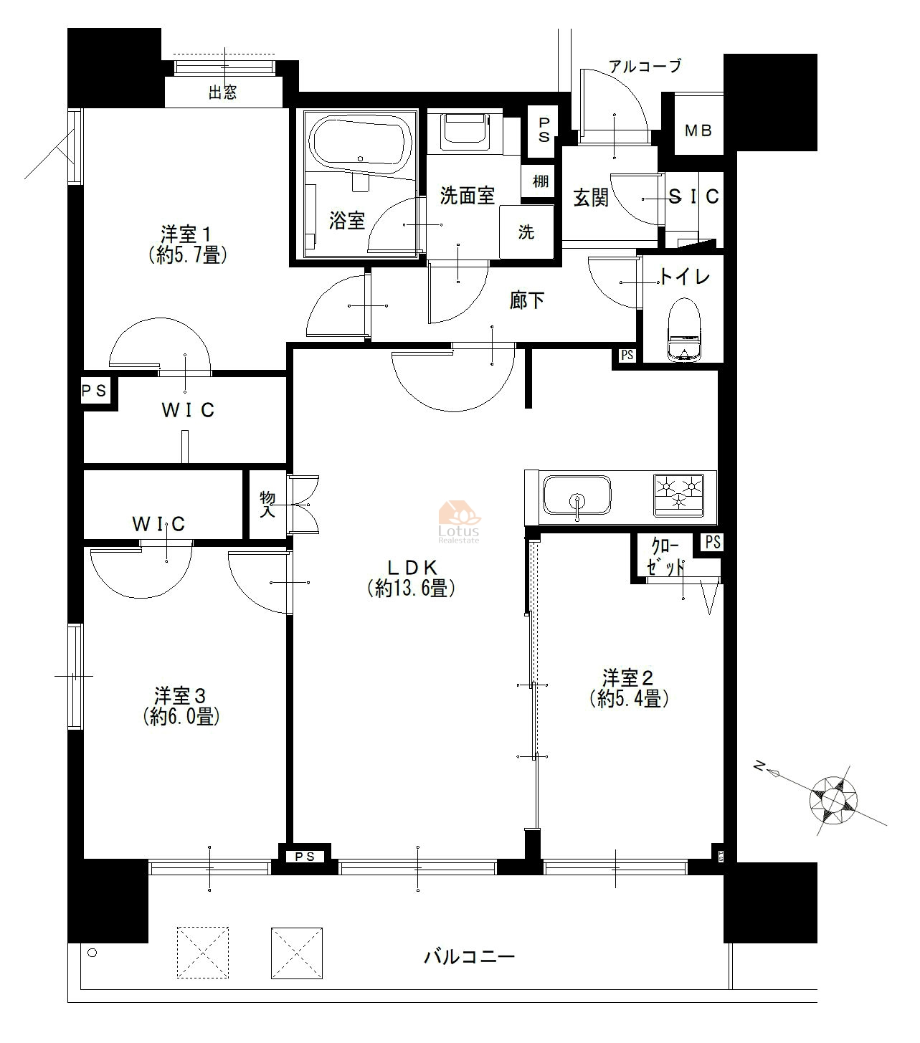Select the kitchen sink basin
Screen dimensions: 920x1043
(x=577, y=495)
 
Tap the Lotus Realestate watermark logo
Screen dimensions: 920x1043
(x=458, y=522)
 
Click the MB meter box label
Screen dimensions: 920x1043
(x=698, y=130)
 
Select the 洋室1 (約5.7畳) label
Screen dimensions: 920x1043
(x=187, y=244)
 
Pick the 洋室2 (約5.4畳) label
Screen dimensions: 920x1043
(x=629, y=688)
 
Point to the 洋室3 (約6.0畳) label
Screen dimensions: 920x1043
(x=181, y=706)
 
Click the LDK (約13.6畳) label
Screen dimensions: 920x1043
(x=412, y=578)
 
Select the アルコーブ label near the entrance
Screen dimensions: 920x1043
(x=645, y=66)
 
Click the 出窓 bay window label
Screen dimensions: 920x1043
(x=222, y=92)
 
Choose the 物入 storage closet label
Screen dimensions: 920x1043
(x=267, y=505)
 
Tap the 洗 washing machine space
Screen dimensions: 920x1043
(x=526, y=232)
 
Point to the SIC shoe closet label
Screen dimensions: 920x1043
(x=694, y=196)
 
